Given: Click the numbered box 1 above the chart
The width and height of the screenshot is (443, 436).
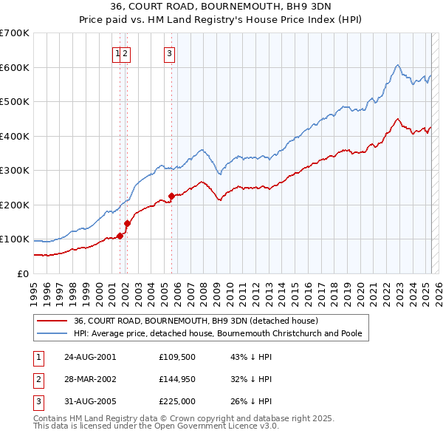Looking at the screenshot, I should [117, 52].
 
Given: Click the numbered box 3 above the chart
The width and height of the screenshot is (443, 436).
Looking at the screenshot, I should [170, 52].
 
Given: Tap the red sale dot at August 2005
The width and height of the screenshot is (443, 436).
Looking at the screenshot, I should [171, 196].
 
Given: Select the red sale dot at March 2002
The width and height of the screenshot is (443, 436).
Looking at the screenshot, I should [127, 223].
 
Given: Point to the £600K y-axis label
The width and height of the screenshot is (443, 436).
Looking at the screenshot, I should [15, 67].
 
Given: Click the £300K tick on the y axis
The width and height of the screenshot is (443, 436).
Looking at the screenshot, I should [15, 171].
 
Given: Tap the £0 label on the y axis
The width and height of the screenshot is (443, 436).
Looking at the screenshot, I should [22, 273].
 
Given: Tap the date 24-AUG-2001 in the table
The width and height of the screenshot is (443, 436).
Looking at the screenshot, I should [90, 357].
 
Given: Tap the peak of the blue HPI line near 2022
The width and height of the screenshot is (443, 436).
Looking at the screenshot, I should [398, 65].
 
